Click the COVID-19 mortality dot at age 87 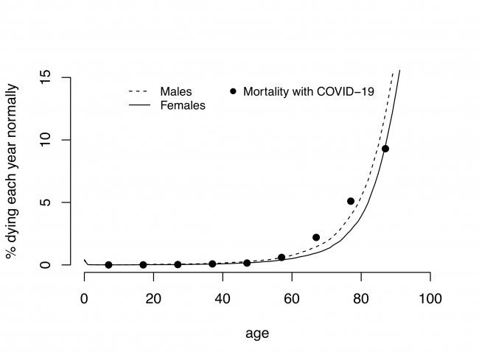point(385,149)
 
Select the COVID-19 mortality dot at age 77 point(351,201)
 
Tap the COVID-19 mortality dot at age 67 point(316,237)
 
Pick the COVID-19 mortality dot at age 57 point(282,258)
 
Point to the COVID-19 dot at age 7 point(108,265)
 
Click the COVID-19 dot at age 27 point(178,264)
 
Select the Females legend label point(182,105)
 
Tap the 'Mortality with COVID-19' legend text point(309,92)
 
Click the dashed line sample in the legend point(140,92)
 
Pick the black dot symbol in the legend point(234,91)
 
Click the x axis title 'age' point(257,333)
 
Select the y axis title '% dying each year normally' point(13,170)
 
